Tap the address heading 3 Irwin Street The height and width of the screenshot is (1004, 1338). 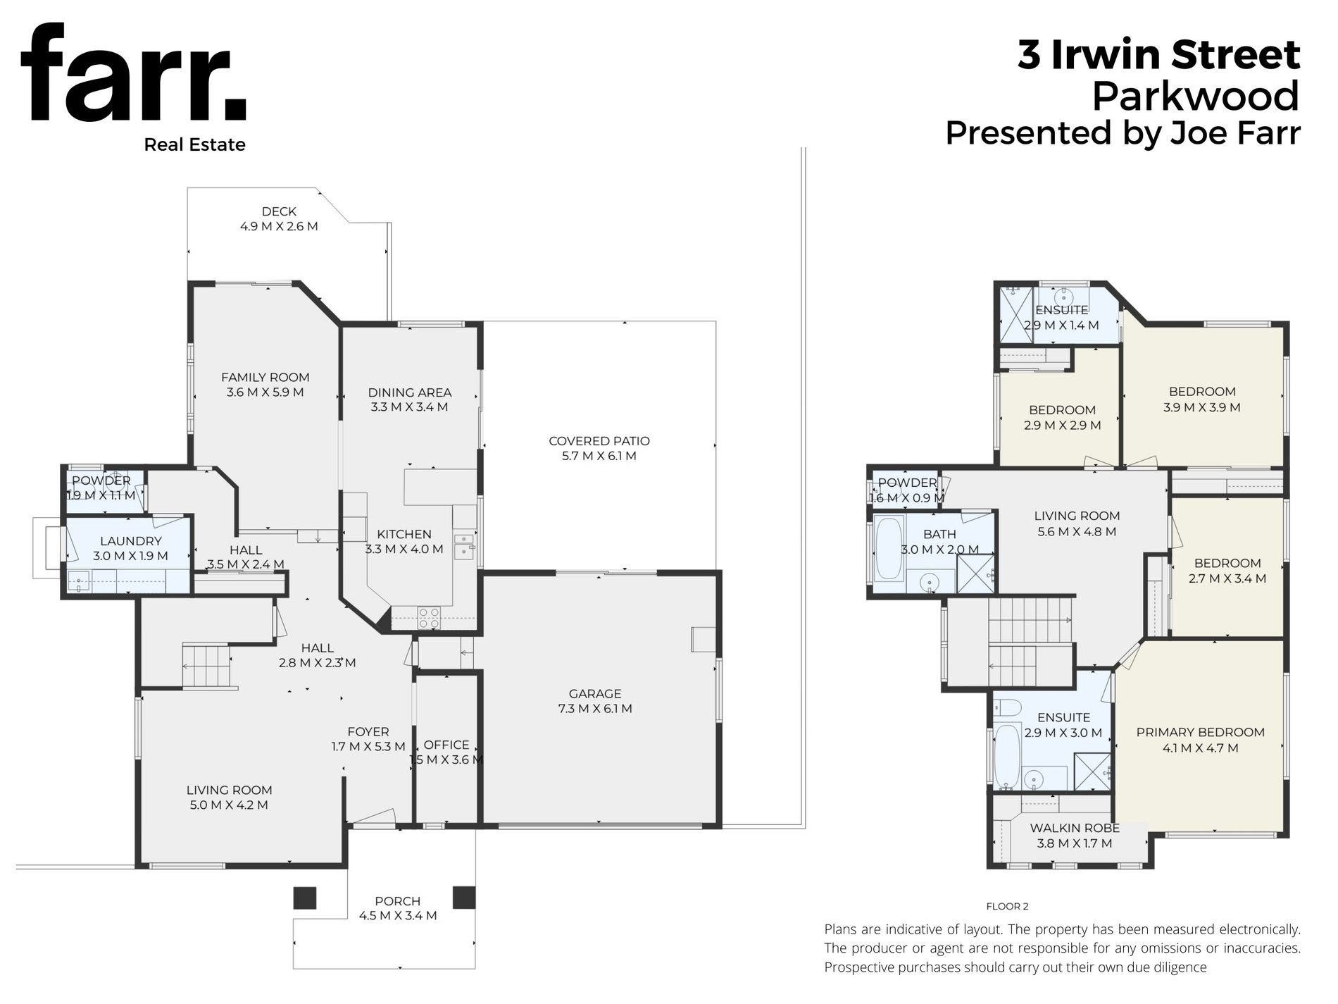tap(1158, 55)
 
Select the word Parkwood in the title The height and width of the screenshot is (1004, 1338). tap(1195, 96)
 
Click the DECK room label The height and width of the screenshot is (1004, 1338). tap(279, 211)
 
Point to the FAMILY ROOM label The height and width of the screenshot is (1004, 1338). tap(265, 377)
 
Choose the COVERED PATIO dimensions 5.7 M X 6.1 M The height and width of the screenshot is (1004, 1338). tap(599, 456)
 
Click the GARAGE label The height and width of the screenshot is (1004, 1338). tap(595, 694)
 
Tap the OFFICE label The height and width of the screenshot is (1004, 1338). tap(446, 745)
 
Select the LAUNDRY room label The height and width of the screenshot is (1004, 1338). tap(131, 541)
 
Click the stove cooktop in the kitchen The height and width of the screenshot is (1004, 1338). tap(429, 618)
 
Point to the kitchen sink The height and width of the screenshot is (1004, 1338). tap(463, 547)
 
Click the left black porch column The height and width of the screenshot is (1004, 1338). tap(305, 897)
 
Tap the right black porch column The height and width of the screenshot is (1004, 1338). tap(464, 897)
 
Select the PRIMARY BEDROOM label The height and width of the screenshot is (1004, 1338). tap(1201, 733)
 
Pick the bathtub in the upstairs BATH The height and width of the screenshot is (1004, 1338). tap(889, 550)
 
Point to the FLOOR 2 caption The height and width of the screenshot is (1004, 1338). tap(1008, 907)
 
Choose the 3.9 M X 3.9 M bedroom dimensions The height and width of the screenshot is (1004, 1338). tap(1202, 407)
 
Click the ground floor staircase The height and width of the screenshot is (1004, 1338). tap(206, 666)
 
